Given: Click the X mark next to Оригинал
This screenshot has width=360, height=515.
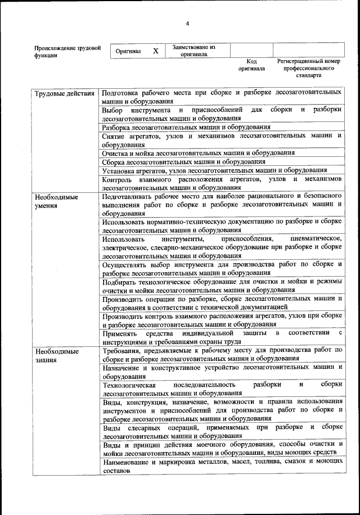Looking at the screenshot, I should pos(156,51).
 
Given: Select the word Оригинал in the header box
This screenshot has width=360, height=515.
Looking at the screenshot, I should pos(128,51).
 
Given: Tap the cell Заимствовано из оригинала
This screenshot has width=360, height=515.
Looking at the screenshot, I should pos(194,51).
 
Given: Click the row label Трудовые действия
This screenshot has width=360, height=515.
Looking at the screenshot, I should pos(64,92).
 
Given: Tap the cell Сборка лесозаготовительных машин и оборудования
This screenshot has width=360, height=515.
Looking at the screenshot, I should pos(183,161).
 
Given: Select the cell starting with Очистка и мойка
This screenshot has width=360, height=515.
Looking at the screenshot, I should pos(198,153).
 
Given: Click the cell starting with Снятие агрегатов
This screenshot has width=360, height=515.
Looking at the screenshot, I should pos(222,140).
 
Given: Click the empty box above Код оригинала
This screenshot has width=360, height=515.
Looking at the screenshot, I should pos(251,50).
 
